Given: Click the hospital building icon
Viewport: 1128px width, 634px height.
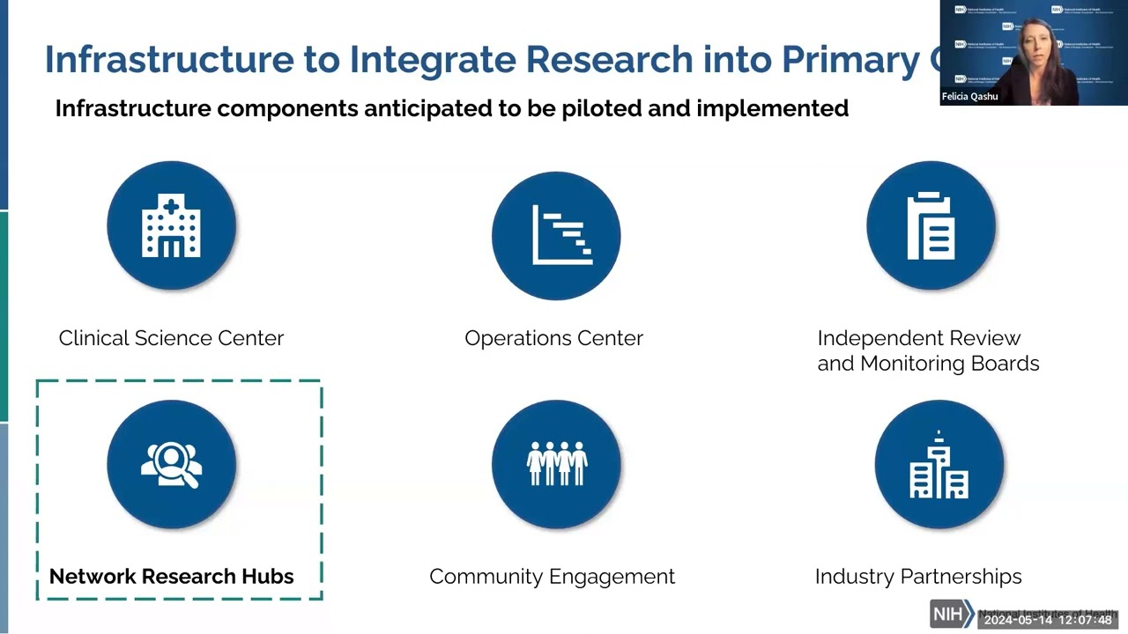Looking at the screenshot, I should coord(171,226).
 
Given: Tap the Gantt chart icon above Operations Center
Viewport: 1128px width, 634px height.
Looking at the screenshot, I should coord(556,235).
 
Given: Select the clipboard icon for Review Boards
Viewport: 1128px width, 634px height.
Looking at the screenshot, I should coord(931,226).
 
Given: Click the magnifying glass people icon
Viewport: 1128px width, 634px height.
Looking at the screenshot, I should coord(171,464).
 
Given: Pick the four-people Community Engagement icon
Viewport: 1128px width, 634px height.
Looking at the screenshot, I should coord(556,464).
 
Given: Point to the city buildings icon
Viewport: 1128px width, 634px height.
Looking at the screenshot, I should coord(939,464).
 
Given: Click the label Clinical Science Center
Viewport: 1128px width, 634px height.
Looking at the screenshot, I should coord(171,338).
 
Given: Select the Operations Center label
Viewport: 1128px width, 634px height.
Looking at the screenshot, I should coord(553,338).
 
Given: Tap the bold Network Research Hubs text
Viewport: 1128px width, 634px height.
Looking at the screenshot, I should coord(171,577).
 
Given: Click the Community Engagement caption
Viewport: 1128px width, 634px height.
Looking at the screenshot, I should coord(552,577).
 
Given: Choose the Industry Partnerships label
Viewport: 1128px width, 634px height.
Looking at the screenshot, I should coord(918,577).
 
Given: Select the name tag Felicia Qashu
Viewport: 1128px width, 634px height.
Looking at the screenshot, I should coord(969,97).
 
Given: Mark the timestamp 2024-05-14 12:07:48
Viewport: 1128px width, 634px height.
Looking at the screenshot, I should coord(1048,620).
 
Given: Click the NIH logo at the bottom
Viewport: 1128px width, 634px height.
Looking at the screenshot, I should coord(949,614).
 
